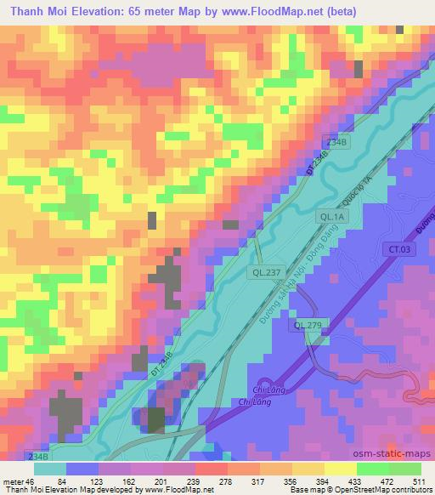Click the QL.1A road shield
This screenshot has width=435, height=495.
[x=330, y=218]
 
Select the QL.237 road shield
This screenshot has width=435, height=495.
[x=264, y=273]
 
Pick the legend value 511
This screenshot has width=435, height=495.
[x=419, y=480]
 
